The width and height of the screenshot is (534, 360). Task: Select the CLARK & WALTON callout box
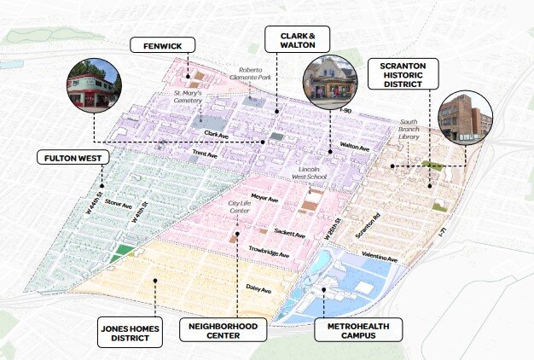click(x=294, y=38)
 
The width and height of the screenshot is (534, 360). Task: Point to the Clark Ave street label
click(x=216, y=134)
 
